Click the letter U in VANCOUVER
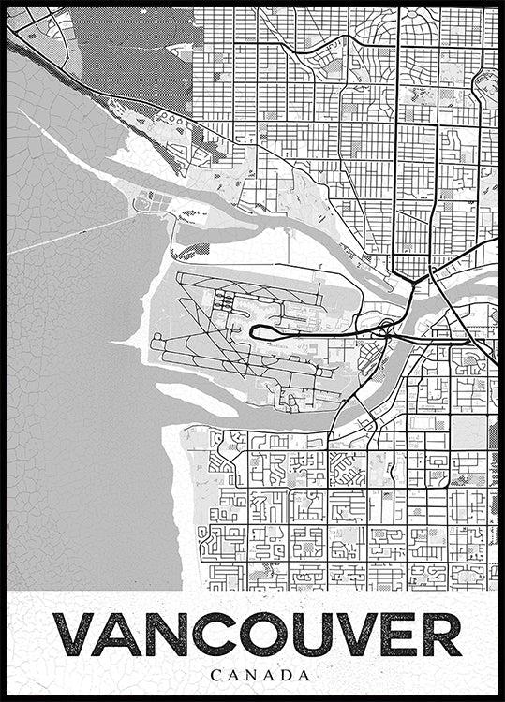[x=309, y=636]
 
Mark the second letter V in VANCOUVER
[x=354, y=636]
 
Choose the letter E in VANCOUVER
[x=397, y=636]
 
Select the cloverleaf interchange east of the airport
[x=385, y=327]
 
